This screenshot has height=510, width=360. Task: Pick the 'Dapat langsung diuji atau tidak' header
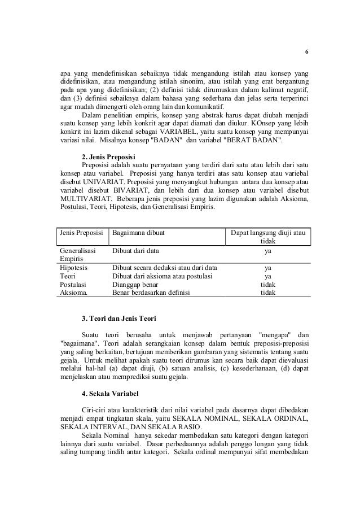(x=267, y=237)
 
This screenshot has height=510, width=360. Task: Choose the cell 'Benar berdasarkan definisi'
(x=151, y=293)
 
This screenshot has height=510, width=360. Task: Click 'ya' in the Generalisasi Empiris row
(x=268, y=249)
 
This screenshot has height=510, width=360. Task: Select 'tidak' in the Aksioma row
(x=267, y=293)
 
